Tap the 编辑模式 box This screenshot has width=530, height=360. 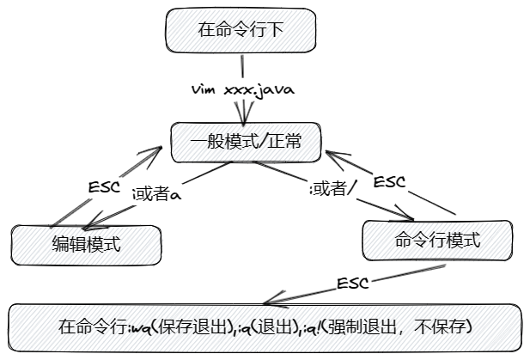click(x=86, y=243)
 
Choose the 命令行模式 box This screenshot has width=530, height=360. click(x=437, y=241)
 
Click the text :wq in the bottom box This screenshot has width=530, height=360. click(x=139, y=328)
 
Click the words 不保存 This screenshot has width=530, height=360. click(x=443, y=327)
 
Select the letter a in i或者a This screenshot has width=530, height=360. click(x=175, y=195)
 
